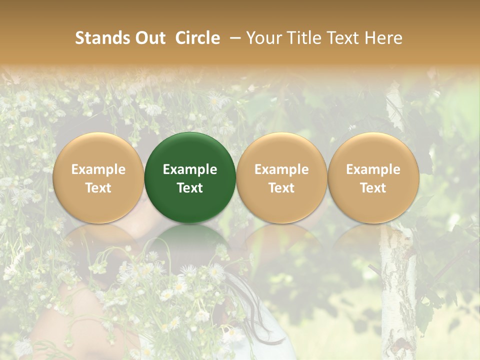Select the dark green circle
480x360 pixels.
(190, 177)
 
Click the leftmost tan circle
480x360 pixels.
(98, 177)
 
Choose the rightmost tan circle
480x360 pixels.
(373, 177)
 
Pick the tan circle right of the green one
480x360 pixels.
(281, 177)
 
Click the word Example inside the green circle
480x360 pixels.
(190, 169)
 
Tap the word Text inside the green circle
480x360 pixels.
(190, 187)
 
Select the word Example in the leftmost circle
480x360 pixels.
(98, 169)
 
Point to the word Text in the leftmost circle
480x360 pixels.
(98, 187)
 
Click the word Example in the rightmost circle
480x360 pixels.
(373, 169)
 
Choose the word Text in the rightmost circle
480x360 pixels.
(373, 187)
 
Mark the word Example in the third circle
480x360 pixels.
(281, 169)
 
